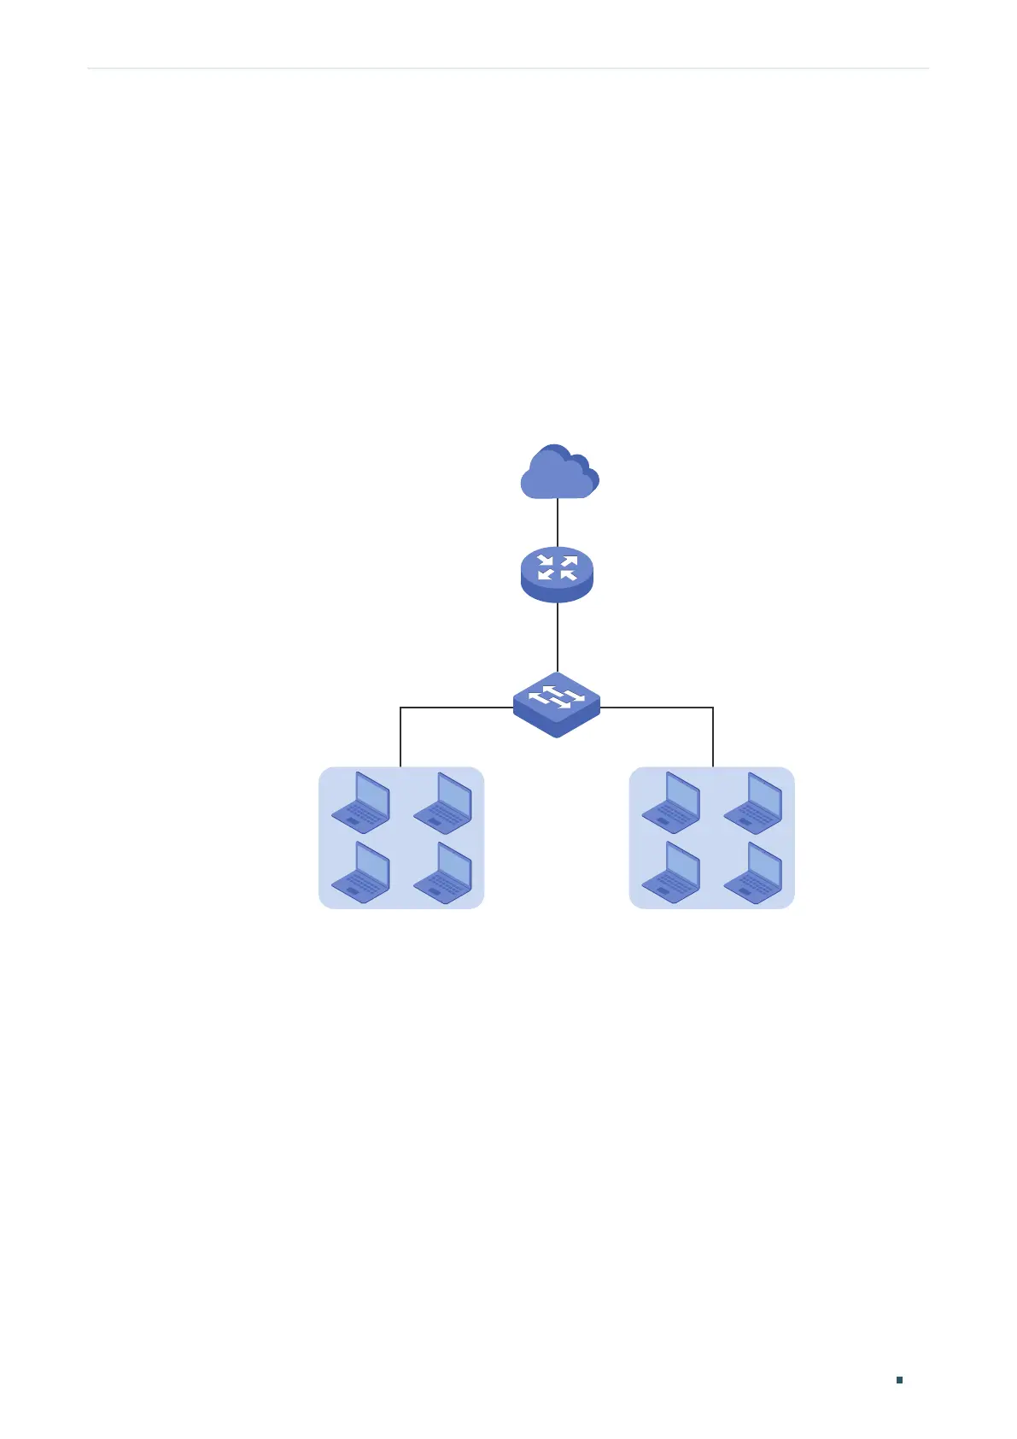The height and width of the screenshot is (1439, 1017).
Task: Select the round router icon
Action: pos(557,575)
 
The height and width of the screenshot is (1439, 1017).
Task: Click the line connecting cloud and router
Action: pos(558,522)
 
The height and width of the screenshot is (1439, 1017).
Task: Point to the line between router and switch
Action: pos(558,637)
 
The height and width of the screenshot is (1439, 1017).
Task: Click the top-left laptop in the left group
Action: pos(361,802)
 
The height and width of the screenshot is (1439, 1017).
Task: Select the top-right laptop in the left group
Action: pos(442,802)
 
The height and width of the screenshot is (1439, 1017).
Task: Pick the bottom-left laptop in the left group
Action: pos(361,872)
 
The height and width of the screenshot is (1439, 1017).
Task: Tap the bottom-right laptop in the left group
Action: pos(442,872)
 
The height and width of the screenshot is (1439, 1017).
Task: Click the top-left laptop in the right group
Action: pos(672,802)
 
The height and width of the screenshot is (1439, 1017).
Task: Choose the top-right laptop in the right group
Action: pos(753,802)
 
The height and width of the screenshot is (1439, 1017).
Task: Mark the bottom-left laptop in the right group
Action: pos(672,872)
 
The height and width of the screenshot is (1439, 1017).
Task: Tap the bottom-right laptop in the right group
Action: pos(753,872)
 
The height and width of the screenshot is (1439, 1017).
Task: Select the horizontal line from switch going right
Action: pos(658,708)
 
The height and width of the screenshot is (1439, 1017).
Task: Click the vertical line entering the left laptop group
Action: pos(400,737)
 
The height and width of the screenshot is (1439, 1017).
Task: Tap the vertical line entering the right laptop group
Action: pos(713,737)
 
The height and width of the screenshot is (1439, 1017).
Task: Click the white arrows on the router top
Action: pos(558,567)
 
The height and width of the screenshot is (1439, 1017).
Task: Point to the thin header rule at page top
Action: pos(508,68)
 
